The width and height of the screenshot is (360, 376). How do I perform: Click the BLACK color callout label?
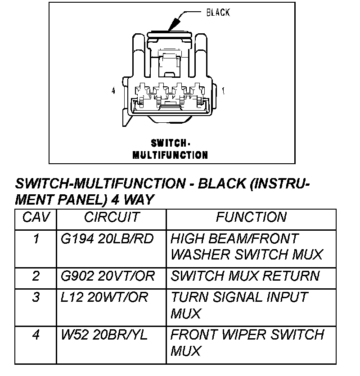[x=218, y=13]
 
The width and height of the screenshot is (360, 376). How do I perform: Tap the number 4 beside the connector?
[x=113, y=91]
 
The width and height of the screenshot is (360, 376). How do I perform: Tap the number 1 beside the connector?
[x=224, y=91]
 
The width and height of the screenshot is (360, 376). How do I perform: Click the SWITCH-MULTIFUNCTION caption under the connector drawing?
[x=170, y=149]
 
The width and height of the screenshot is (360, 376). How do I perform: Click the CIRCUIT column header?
[x=112, y=218]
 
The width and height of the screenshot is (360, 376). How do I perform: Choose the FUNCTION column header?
[x=251, y=218]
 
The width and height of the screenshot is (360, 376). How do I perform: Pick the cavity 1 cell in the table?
[x=36, y=239]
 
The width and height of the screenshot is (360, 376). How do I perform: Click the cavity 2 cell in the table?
[x=36, y=276]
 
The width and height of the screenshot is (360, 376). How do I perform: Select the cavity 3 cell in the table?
[x=36, y=297]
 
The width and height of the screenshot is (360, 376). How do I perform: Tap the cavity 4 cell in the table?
[x=36, y=335]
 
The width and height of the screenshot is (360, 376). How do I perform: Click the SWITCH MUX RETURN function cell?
[x=245, y=276]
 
